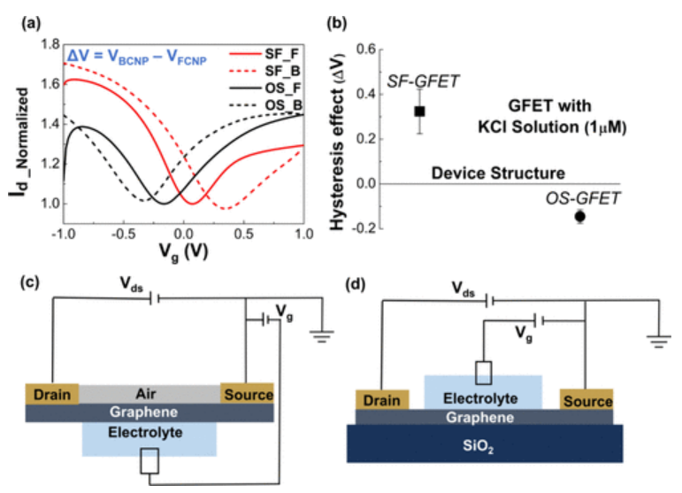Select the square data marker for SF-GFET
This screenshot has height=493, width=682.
coord(419,111)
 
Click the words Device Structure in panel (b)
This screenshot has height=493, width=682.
coord(499,172)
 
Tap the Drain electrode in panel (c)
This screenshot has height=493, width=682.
coord(52,393)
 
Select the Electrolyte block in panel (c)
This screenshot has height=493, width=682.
coord(148,435)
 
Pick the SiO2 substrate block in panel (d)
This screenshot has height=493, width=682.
coord(484,446)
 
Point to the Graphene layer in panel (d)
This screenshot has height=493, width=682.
coord(483,416)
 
